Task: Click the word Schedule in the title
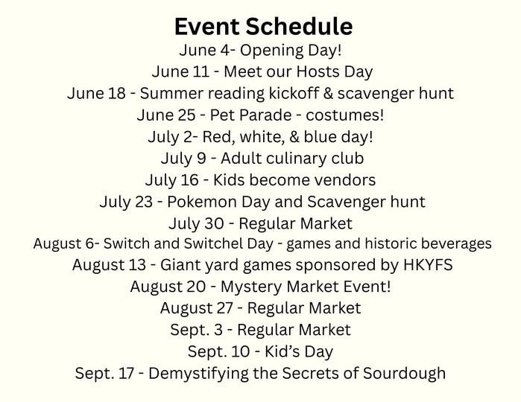(x=300, y=26)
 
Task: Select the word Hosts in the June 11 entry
(x=318, y=71)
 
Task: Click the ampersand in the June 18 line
(x=328, y=93)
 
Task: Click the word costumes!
(x=345, y=115)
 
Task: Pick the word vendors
(x=345, y=180)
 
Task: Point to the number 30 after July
(x=214, y=223)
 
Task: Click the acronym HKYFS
(x=428, y=265)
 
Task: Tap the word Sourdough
(x=404, y=374)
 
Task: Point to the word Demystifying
(x=198, y=374)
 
